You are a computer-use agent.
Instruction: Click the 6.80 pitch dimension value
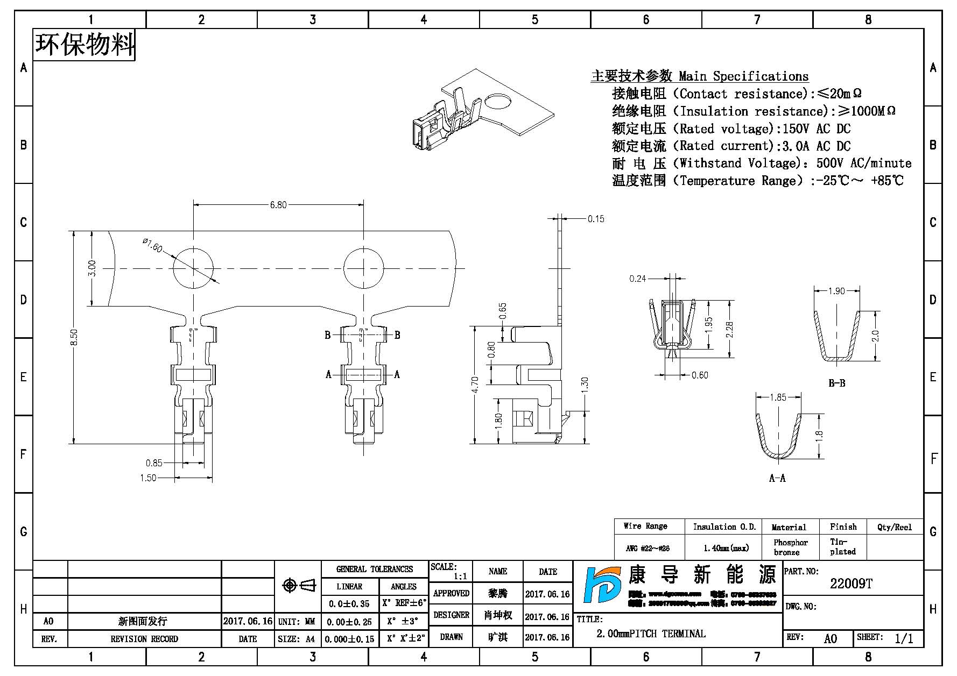click(x=278, y=205)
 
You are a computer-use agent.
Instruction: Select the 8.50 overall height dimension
click(x=74, y=338)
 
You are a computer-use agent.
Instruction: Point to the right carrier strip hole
click(x=363, y=268)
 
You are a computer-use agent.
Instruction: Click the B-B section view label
click(x=836, y=383)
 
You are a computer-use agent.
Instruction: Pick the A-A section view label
click(x=777, y=478)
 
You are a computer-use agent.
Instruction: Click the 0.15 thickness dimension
click(x=596, y=219)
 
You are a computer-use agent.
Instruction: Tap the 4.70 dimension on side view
click(x=475, y=385)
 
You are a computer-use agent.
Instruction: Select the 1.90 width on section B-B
click(x=836, y=291)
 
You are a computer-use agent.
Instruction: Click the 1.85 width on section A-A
click(x=778, y=397)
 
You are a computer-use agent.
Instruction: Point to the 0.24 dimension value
click(x=637, y=279)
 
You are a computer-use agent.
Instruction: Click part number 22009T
click(x=851, y=584)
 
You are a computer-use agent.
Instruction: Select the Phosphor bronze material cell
click(x=790, y=547)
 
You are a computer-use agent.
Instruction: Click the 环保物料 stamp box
click(x=85, y=45)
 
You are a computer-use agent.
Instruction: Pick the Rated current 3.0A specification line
click(x=731, y=146)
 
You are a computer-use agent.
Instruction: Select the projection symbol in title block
click(x=299, y=586)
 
